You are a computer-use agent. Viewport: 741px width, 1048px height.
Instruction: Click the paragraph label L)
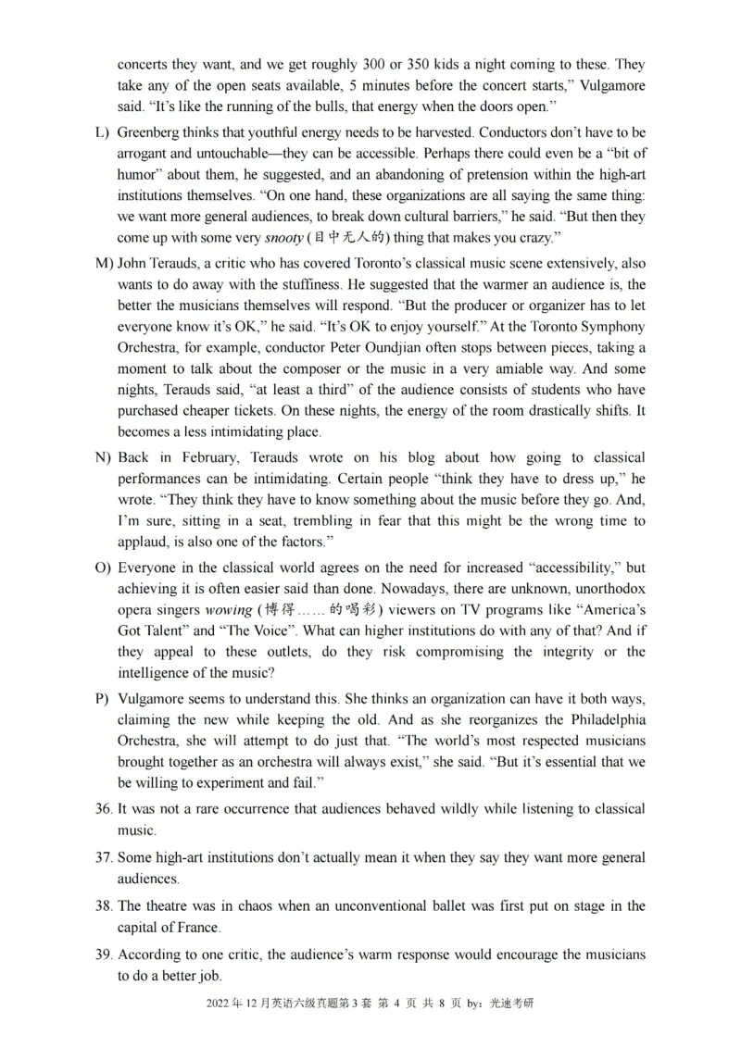[x=102, y=133]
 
